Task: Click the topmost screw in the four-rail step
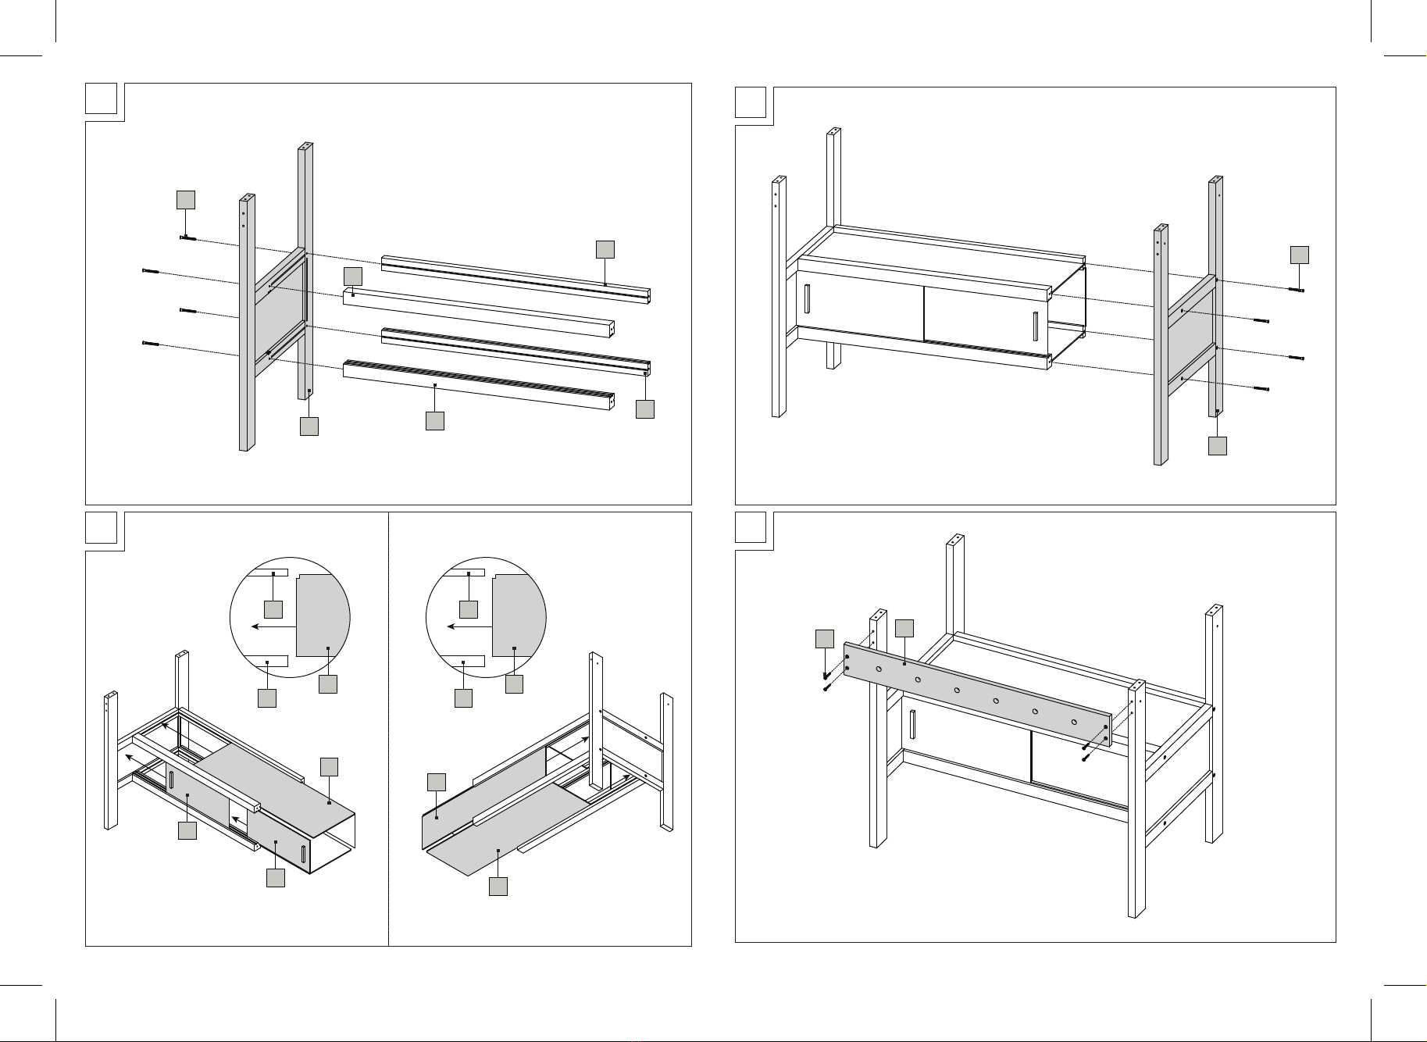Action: click(188, 238)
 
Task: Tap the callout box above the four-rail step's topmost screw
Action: click(185, 199)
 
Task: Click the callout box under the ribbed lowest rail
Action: click(434, 420)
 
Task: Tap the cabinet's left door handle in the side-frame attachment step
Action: click(807, 300)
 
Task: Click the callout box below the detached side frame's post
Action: click(1217, 445)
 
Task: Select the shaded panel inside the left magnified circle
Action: click(322, 617)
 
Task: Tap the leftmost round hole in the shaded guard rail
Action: click(879, 669)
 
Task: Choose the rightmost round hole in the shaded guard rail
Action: click(1074, 722)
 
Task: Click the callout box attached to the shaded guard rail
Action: click(904, 629)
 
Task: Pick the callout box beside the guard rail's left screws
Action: click(824, 638)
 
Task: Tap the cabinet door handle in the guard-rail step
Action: click(911, 725)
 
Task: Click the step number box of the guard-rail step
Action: click(751, 527)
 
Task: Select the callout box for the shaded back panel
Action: click(437, 782)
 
